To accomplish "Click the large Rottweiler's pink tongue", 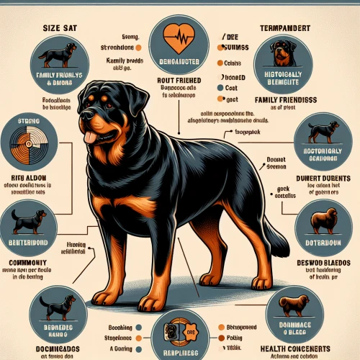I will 90,138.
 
